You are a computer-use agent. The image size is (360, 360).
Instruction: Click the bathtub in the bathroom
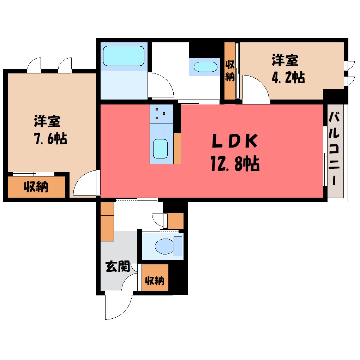tap(124, 56)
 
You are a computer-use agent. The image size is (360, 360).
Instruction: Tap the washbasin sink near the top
tap(205, 67)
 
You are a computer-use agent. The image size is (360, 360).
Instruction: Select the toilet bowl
tap(164, 247)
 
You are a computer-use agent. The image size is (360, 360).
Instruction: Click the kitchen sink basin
tap(160, 149)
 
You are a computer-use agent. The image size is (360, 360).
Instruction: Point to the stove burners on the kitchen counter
tap(160, 113)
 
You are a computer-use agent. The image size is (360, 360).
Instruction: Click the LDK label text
tap(235, 141)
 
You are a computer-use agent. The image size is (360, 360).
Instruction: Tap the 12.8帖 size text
tap(235, 163)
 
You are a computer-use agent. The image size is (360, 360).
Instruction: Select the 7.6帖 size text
tap(50, 139)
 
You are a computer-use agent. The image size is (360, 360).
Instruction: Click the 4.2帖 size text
tap(288, 77)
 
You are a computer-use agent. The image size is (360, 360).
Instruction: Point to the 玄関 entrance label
tap(118, 266)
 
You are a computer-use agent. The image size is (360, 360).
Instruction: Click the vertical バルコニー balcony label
tap(334, 149)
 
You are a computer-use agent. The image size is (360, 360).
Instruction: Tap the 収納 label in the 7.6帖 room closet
tap(36, 187)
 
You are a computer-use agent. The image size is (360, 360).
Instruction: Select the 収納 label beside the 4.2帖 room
tap(230, 71)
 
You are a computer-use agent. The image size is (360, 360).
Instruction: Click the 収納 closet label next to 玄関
tap(155, 281)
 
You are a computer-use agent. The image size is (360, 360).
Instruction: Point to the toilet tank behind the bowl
tap(178, 246)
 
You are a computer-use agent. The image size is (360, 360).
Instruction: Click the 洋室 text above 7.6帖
tap(47, 121)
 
